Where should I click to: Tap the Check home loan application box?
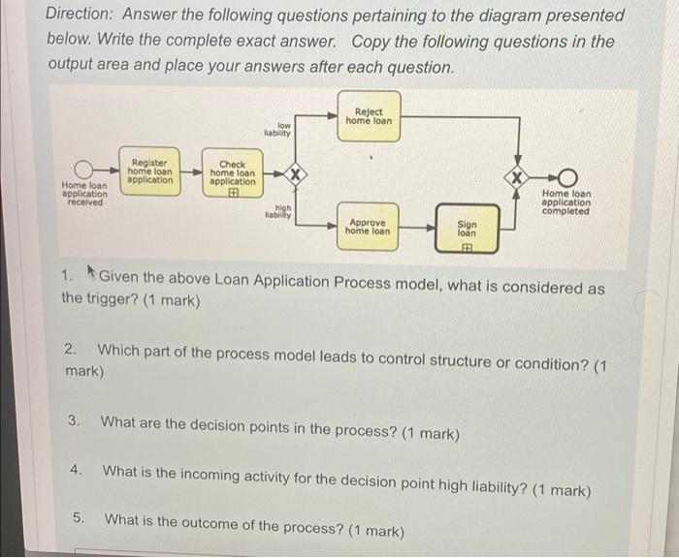pos(233,174)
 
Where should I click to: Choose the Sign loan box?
pos(467,230)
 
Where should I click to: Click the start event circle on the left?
pos(85,174)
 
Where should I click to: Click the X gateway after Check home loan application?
pos(300,174)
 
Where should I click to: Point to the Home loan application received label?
pos(84,194)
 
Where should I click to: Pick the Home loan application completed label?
pos(566,201)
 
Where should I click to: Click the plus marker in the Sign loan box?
pos(467,248)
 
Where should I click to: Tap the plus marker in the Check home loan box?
pos(233,192)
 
